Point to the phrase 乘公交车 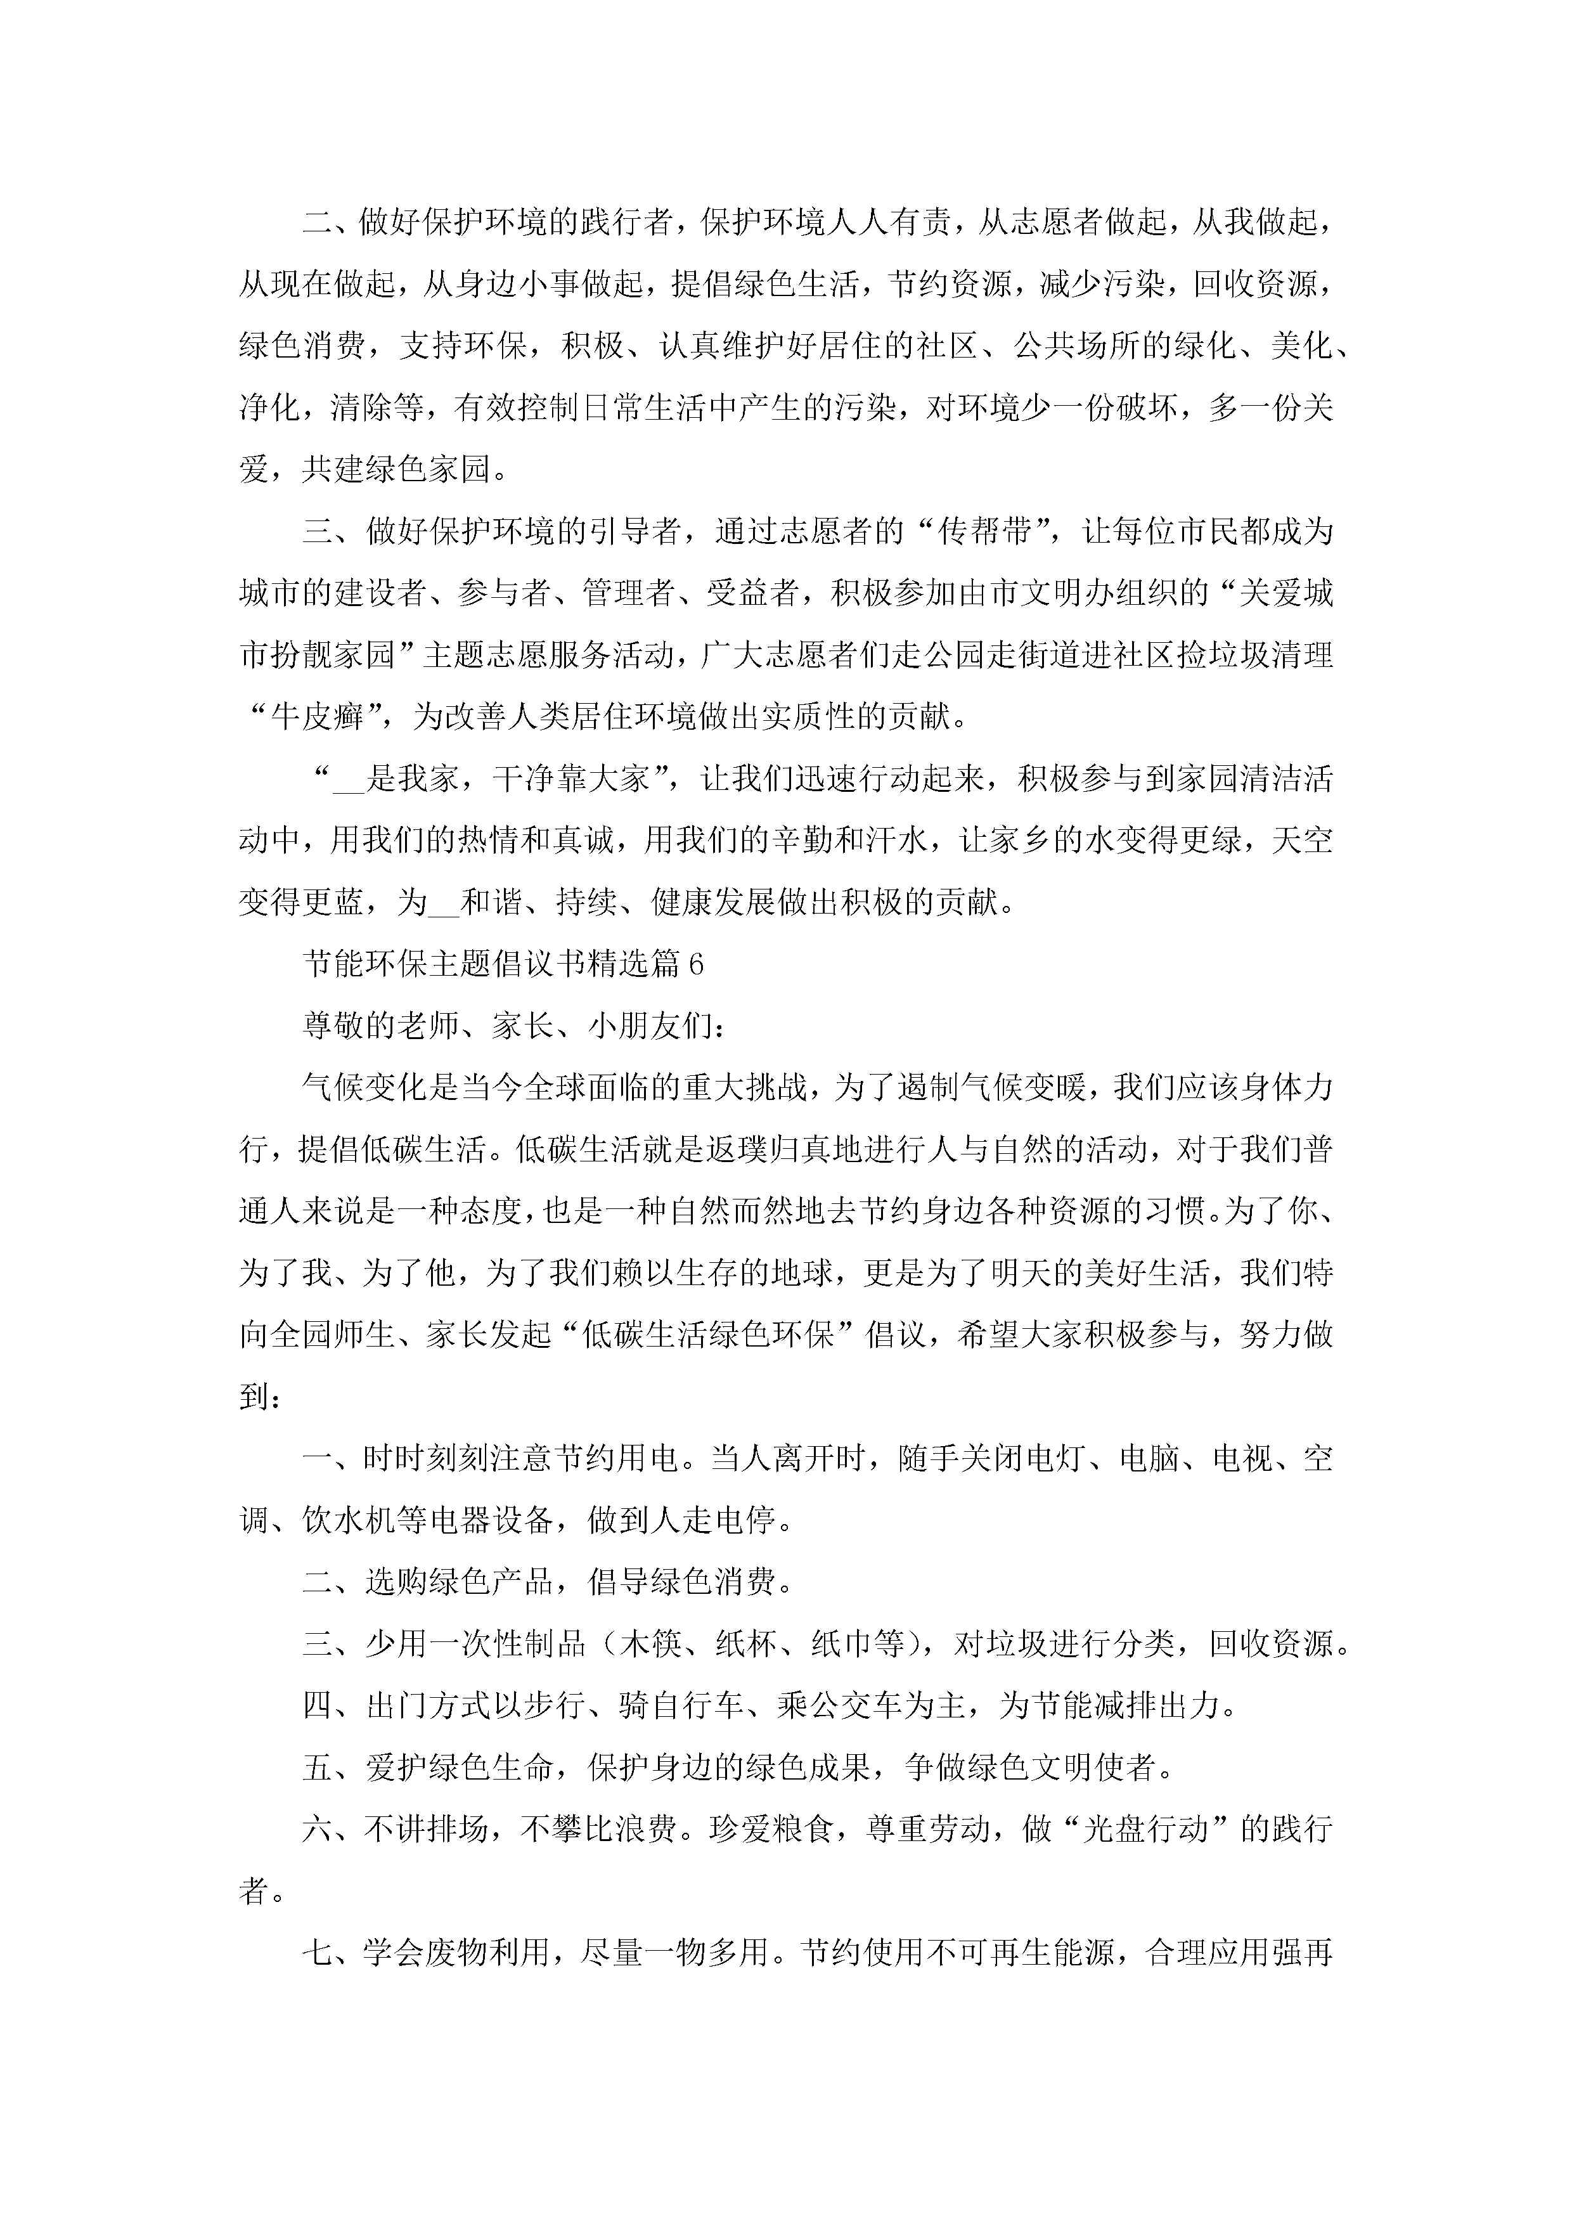click(x=838, y=1706)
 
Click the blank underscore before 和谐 click(x=442, y=904)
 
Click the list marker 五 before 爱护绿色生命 click(x=317, y=1768)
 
